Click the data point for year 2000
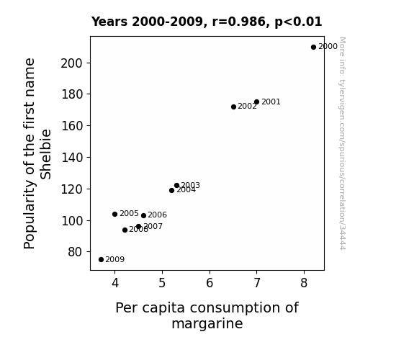(x=313, y=48)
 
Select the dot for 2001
(x=256, y=102)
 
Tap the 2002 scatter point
(x=233, y=107)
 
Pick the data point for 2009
(x=101, y=260)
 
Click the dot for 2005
(x=114, y=215)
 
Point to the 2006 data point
(x=143, y=216)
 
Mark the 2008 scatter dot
(x=125, y=230)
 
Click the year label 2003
(x=190, y=185)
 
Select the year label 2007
(x=153, y=226)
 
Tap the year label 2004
(x=186, y=190)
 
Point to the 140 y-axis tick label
(x=72, y=158)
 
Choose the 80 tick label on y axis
(x=76, y=252)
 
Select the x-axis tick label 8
(x=304, y=283)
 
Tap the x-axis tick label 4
(x=115, y=283)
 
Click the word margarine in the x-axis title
(x=207, y=324)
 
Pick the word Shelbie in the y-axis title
(x=46, y=154)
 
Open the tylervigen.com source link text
(x=342, y=143)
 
